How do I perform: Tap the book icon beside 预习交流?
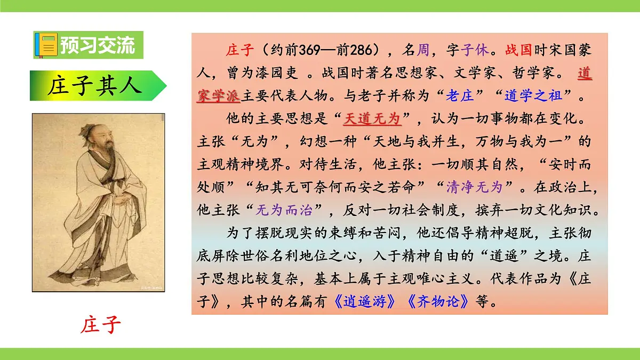coord(46,45)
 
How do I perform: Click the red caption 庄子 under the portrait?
coord(101,325)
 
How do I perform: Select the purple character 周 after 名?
coord(423,51)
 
